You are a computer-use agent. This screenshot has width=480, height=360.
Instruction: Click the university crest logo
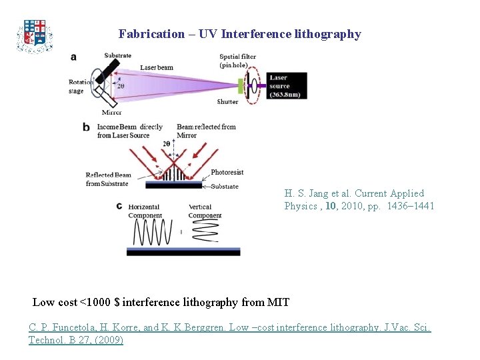pyautogui.click(x=35, y=35)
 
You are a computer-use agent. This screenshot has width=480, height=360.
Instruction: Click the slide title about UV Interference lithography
pyautogui.click(x=240, y=34)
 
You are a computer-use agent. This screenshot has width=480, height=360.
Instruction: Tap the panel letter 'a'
pyautogui.click(x=73, y=57)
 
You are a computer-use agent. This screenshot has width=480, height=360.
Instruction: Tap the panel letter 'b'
pyautogui.click(x=86, y=127)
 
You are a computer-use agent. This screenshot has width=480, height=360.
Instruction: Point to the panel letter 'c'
pyautogui.click(x=119, y=206)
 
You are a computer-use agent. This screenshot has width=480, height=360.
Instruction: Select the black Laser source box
pyautogui.click(x=287, y=86)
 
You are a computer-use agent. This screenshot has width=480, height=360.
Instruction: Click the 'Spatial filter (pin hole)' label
pyautogui.click(x=238, y=61)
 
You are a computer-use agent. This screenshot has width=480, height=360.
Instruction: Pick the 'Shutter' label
pyautogui.click(x=227, y=102)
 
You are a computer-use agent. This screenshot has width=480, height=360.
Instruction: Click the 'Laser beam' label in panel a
pyautogui.click(x=157, y=67)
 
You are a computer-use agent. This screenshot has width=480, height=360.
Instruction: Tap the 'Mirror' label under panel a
pyautogui.click(x=111, y=113)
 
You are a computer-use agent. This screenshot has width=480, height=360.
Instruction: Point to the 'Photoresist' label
pyautogui.click(x=227, y=173)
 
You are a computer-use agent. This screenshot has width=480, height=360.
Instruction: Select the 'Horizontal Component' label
pyautogui.click(x=145, y=211)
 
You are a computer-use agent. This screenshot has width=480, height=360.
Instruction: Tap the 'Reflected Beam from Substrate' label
pyautogui.click(x=108, y=179)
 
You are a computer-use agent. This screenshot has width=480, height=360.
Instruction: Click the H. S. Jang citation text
pyautogui.click(x=359, y=199)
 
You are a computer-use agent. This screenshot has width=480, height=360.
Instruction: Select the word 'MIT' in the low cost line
pyautogui.click(x=277, y=302)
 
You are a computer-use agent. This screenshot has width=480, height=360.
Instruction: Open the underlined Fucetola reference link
pyautogui.click(x=229, y=333)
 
